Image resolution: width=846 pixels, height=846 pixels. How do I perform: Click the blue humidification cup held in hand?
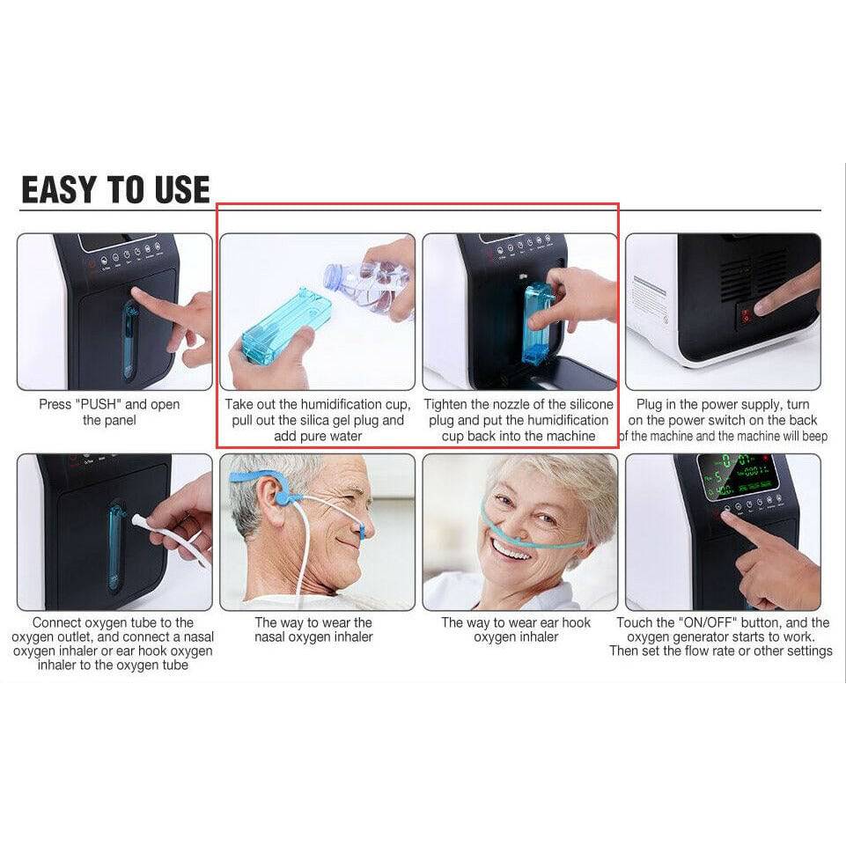coord(286,326)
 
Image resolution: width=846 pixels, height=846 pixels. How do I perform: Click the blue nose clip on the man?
coord(363,530)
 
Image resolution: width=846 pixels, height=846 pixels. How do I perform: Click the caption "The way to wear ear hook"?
coord(516,623)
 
